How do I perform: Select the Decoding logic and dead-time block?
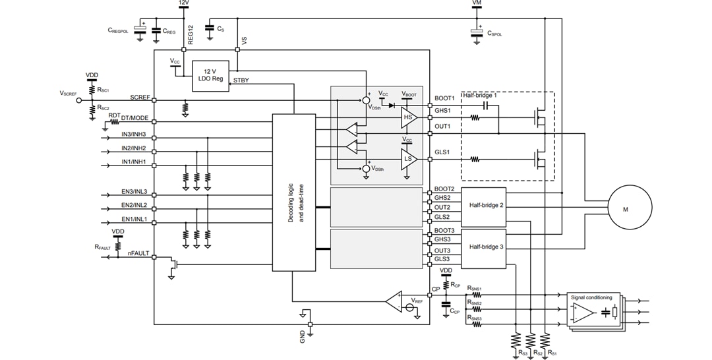(294, 192)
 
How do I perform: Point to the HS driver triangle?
(408, 117)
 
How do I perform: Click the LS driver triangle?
(408, 158)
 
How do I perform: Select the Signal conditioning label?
(592, 297)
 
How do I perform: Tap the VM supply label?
(477, 4)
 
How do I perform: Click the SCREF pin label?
(140, 97)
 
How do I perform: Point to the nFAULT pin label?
(138, 253)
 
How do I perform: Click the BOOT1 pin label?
(444, 98)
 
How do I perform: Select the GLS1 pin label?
(442, 152)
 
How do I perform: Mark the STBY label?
(241, 82)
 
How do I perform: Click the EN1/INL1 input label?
(134, 218)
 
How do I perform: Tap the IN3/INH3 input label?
(134, 135)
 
